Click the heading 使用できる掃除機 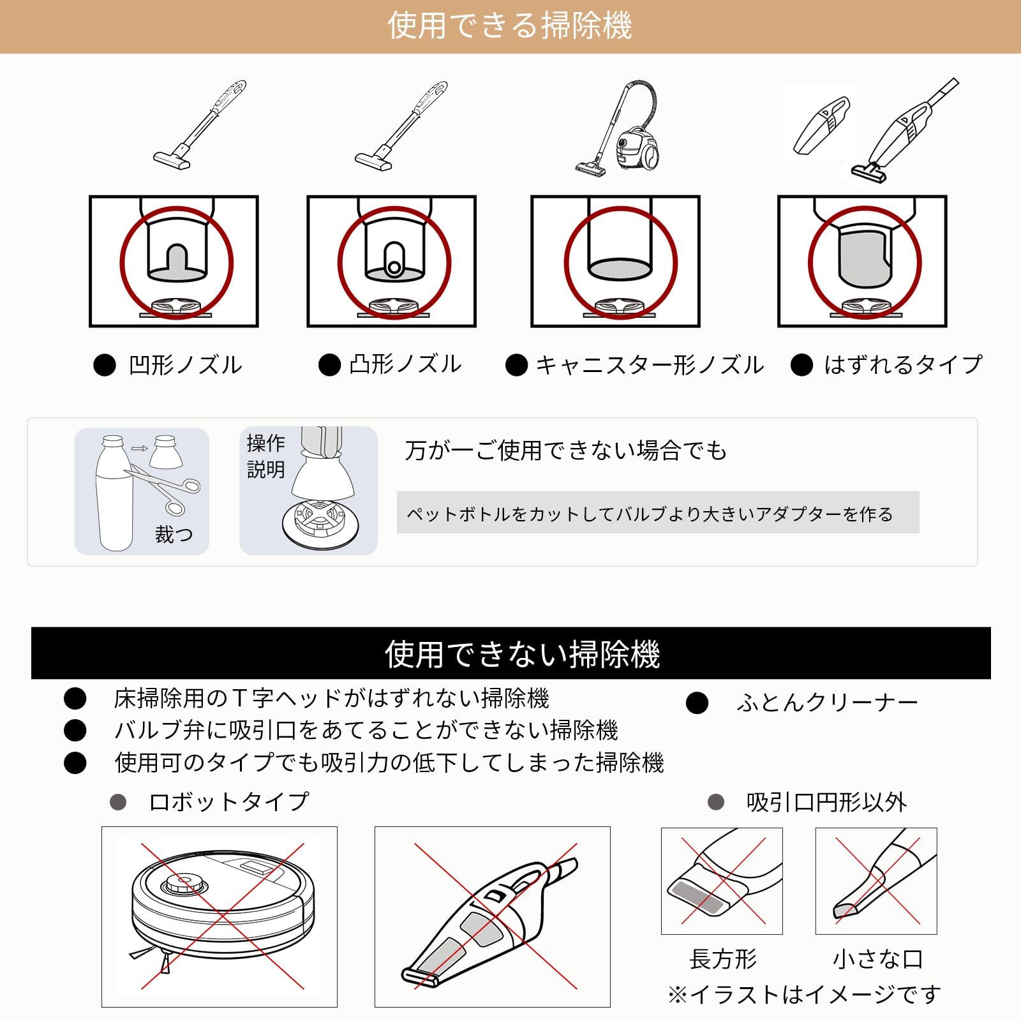tap(509, 26)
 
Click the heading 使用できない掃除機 tap(522, 654)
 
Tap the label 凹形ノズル tap(186, 366)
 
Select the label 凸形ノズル tap(405, 364)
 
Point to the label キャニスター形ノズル tap(649, 365)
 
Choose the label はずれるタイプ tap(903, 365)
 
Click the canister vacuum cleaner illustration tap(618, 127)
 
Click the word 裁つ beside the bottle tap(174, 534)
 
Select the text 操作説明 tap(266, 456)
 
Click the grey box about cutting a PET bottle tap(658, 512)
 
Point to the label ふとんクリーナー tap(827, 703)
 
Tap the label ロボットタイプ tap(228, 801)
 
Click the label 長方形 tap(723, 958)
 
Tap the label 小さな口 tap(877, 958)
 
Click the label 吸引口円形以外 tap(826, 802)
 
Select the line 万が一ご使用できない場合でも tap(566, 451)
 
